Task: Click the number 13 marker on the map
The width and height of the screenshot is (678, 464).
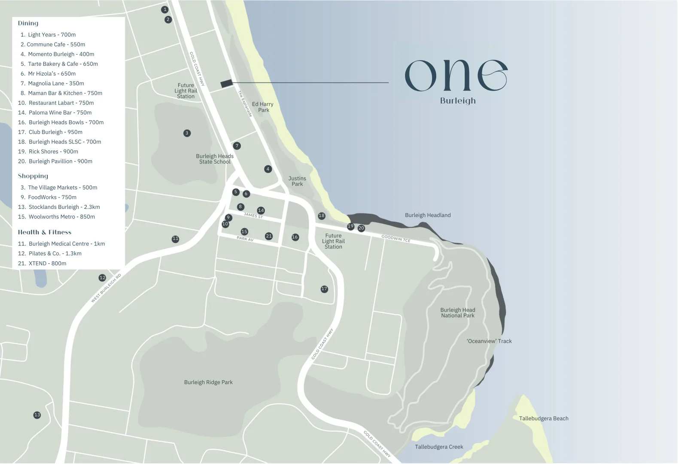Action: (x=37, y=415)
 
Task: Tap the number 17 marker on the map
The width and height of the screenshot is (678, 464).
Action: (x=324, y=289)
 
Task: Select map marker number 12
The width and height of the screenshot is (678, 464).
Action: (x=102, y=278)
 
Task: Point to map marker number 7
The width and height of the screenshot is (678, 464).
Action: (x=237, y=146)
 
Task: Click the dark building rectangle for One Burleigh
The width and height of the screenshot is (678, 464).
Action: (x=226, y=83)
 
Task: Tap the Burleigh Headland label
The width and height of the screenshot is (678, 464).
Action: (x=428, y=215)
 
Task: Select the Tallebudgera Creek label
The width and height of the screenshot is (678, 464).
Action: (x=439, y=447)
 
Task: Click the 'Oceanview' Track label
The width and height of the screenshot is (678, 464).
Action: (x=489, y=341)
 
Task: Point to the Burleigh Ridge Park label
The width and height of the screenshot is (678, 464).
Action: (x=208, y=382)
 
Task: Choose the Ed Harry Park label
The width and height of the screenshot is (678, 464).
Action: (x=263, y=107)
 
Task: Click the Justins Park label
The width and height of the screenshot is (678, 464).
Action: (x=297, y=181)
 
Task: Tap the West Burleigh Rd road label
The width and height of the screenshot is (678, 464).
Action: (x=106, y=288)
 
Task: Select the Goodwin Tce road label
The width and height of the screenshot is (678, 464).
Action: (x=396, y=238)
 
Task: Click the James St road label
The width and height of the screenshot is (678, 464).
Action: (x=253, y=215)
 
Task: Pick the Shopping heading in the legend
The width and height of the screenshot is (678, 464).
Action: (x=33, y=176)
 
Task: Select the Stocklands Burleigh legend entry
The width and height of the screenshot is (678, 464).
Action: (x=59, y=207)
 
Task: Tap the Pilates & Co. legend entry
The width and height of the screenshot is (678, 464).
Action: (x=50, y=253)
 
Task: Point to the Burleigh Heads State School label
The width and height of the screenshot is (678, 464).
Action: (x=215, y=159)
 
